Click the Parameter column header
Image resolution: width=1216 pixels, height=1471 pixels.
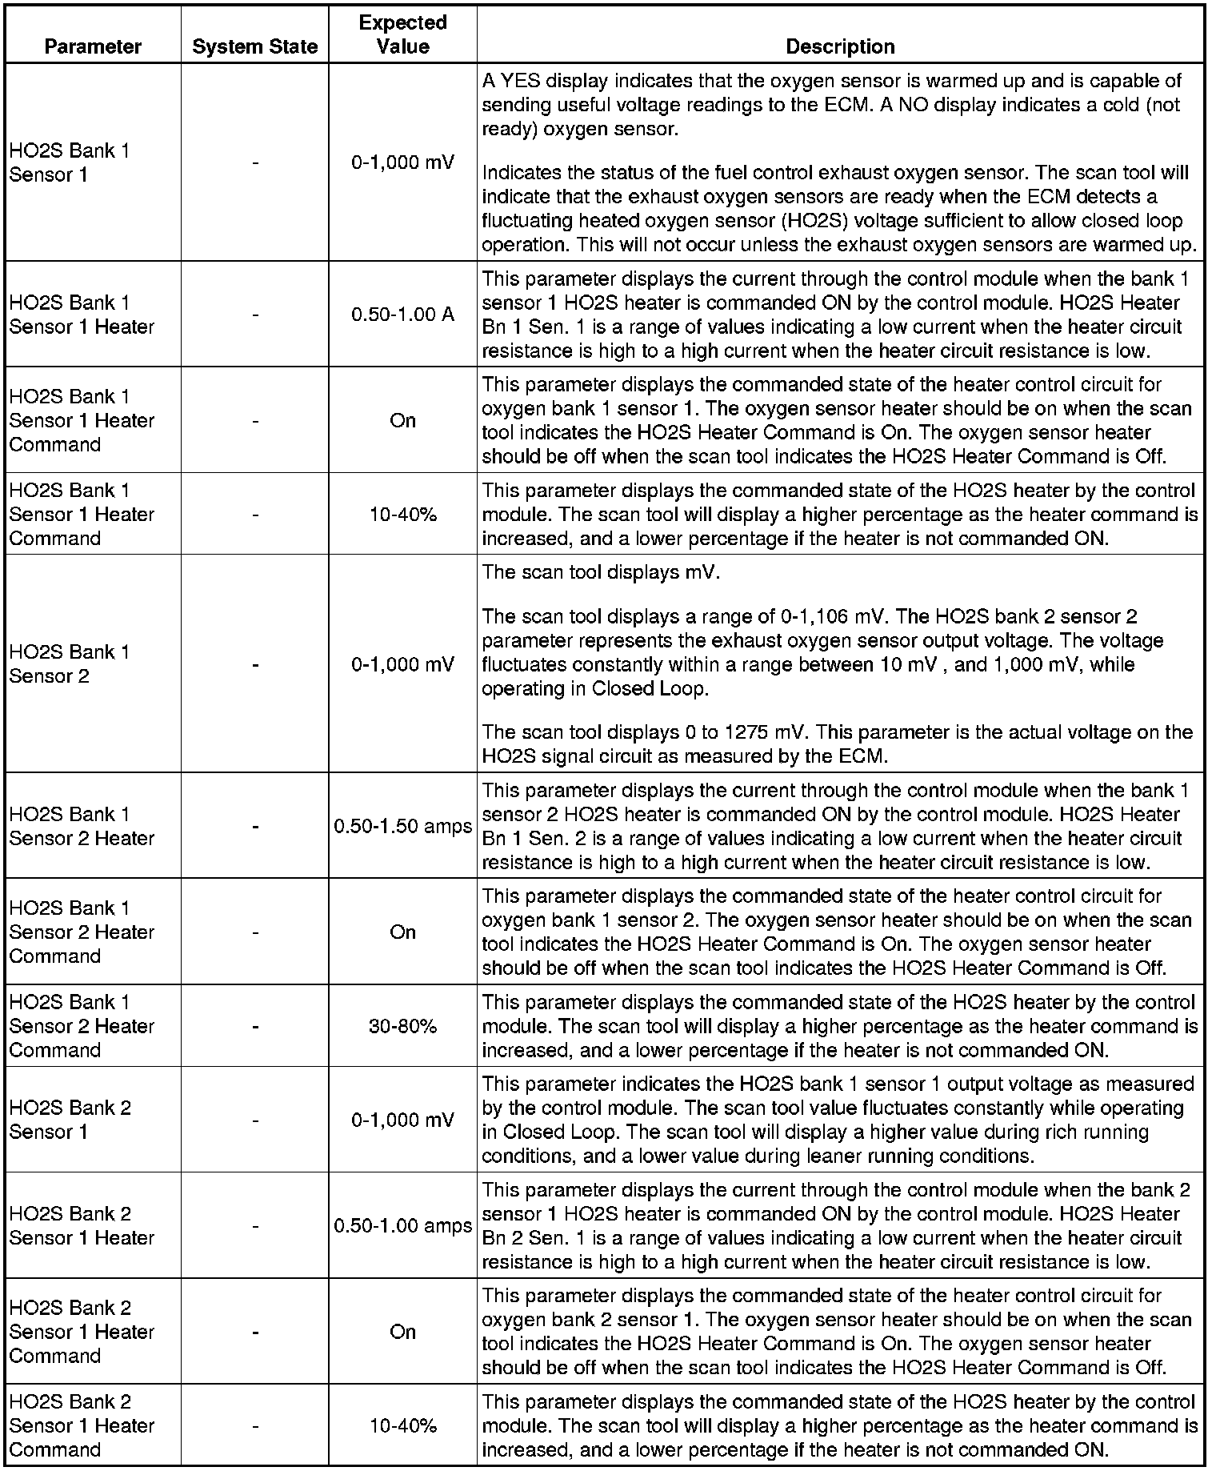point(93,46)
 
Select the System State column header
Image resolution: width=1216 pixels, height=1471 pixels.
point(254,46)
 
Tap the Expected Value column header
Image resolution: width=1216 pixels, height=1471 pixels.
point(402,34)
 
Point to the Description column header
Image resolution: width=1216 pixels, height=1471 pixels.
point(840,46)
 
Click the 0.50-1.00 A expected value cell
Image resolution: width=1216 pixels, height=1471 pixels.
point(402,315)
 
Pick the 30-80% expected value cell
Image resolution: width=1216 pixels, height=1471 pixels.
point(402,1026)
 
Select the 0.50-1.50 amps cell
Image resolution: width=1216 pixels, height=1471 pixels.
point(402,826)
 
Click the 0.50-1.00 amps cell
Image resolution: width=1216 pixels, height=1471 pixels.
point(402,1225)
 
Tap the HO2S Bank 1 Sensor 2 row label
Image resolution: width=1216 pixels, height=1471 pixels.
point(69,664)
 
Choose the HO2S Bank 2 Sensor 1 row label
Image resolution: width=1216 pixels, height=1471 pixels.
point(70,1120)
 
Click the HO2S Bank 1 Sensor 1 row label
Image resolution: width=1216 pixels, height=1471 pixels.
point(69,162)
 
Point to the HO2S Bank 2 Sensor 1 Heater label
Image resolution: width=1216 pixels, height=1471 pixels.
point(81,1225)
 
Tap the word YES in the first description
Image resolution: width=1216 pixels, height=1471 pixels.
point(521,81)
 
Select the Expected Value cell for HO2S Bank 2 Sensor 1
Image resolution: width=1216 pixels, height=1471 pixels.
point(402,1120)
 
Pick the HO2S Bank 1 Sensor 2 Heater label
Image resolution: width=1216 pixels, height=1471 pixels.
point(81,826)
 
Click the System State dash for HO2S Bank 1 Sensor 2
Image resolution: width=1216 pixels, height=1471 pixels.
point(254,664)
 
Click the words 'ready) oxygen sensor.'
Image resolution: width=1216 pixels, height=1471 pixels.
point(580,129)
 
